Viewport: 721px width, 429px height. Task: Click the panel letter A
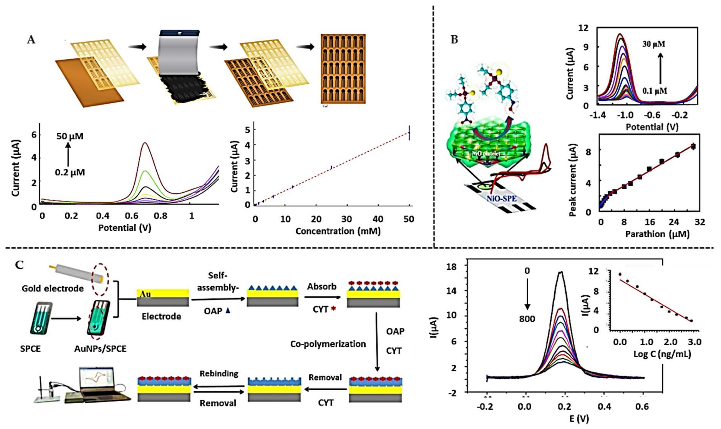click(31, 40)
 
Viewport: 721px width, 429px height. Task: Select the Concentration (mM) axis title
click(338, 231)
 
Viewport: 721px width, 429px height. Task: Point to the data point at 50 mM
click(409, 133)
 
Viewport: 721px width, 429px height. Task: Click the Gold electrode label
click(53, 288)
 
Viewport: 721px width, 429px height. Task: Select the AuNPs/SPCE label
click(100, 349)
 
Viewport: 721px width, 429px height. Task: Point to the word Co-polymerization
click(328, 344)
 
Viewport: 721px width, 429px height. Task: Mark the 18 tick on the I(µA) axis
click(451, 267)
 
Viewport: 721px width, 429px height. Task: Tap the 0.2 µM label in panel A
click(70, 173)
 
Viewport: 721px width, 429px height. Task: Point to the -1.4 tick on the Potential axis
click(598, 115)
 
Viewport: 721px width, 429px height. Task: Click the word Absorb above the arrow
click(322, 286)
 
